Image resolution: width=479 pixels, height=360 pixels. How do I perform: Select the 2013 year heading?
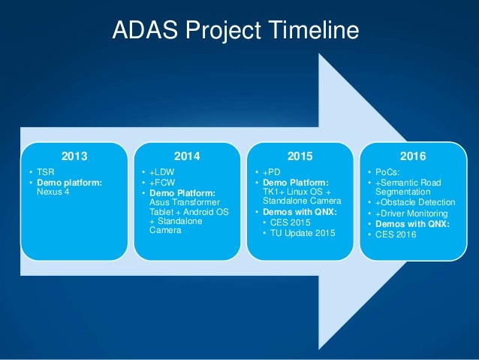coord(74,157)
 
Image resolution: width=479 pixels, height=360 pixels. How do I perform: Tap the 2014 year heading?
coord(186,157)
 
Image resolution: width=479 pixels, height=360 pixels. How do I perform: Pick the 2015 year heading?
coord(299,157)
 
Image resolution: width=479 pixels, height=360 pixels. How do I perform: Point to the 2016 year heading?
coord(412,157)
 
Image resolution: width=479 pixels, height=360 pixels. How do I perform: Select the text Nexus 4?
coord(53,192)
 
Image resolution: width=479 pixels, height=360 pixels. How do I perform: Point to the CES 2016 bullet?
coord(396,234)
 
